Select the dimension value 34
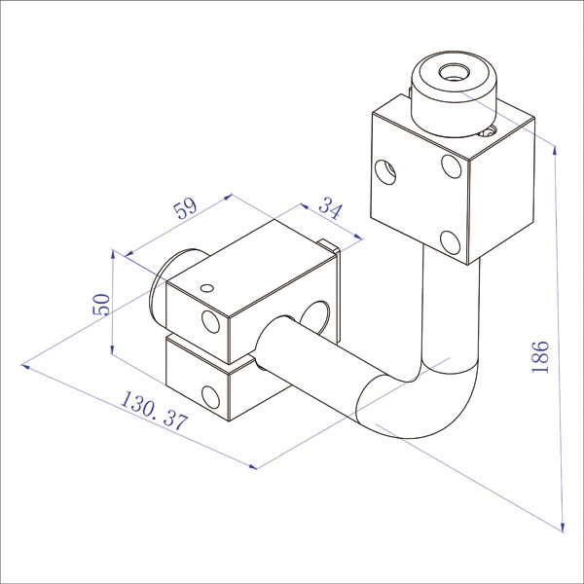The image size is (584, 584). coord(330,209)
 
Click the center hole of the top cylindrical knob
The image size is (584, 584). coord(455,72)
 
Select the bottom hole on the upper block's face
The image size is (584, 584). coord(450,240)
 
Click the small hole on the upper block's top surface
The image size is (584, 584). coord(490,128)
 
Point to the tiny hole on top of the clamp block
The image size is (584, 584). coord(205,287)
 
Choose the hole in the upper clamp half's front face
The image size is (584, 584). coord(210,322)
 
